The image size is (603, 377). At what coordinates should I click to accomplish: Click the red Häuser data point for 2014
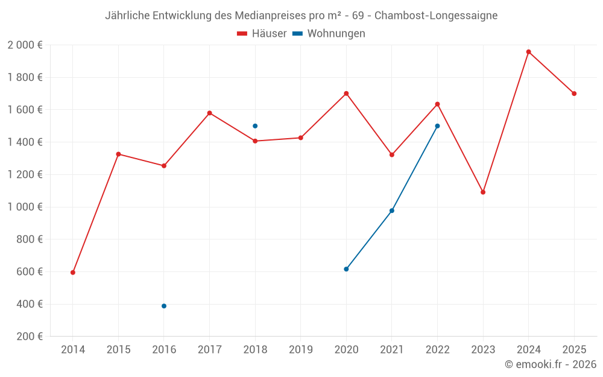point(73,273)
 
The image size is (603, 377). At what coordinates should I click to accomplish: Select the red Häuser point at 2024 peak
point(529,52)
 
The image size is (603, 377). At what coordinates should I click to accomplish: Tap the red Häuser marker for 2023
point(483,192)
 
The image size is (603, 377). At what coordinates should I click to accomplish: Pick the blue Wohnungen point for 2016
point(164,306)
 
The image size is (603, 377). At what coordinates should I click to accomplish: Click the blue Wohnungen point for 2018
point(255,126)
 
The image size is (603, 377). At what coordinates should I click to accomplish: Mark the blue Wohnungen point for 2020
point(346,269)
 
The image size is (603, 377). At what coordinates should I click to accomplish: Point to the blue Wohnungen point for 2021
point(392,211)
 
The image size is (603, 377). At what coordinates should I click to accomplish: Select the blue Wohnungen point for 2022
point(437,126)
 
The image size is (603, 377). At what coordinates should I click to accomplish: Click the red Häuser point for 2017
point(210,113)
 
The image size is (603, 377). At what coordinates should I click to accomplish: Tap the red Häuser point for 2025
point(574,93)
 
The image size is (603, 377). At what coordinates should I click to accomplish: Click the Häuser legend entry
point(262,34)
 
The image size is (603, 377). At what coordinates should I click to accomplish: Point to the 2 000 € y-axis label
point(25,45)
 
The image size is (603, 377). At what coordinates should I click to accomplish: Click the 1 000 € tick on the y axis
point(25,207)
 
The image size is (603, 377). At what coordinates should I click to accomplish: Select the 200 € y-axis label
point(28,337)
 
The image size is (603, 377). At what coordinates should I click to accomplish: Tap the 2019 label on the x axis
point(301,349)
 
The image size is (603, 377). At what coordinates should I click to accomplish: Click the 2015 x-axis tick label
point(118,349)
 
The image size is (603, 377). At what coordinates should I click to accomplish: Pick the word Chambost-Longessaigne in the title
point(436,15)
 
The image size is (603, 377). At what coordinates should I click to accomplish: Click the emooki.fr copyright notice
point(550,364)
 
